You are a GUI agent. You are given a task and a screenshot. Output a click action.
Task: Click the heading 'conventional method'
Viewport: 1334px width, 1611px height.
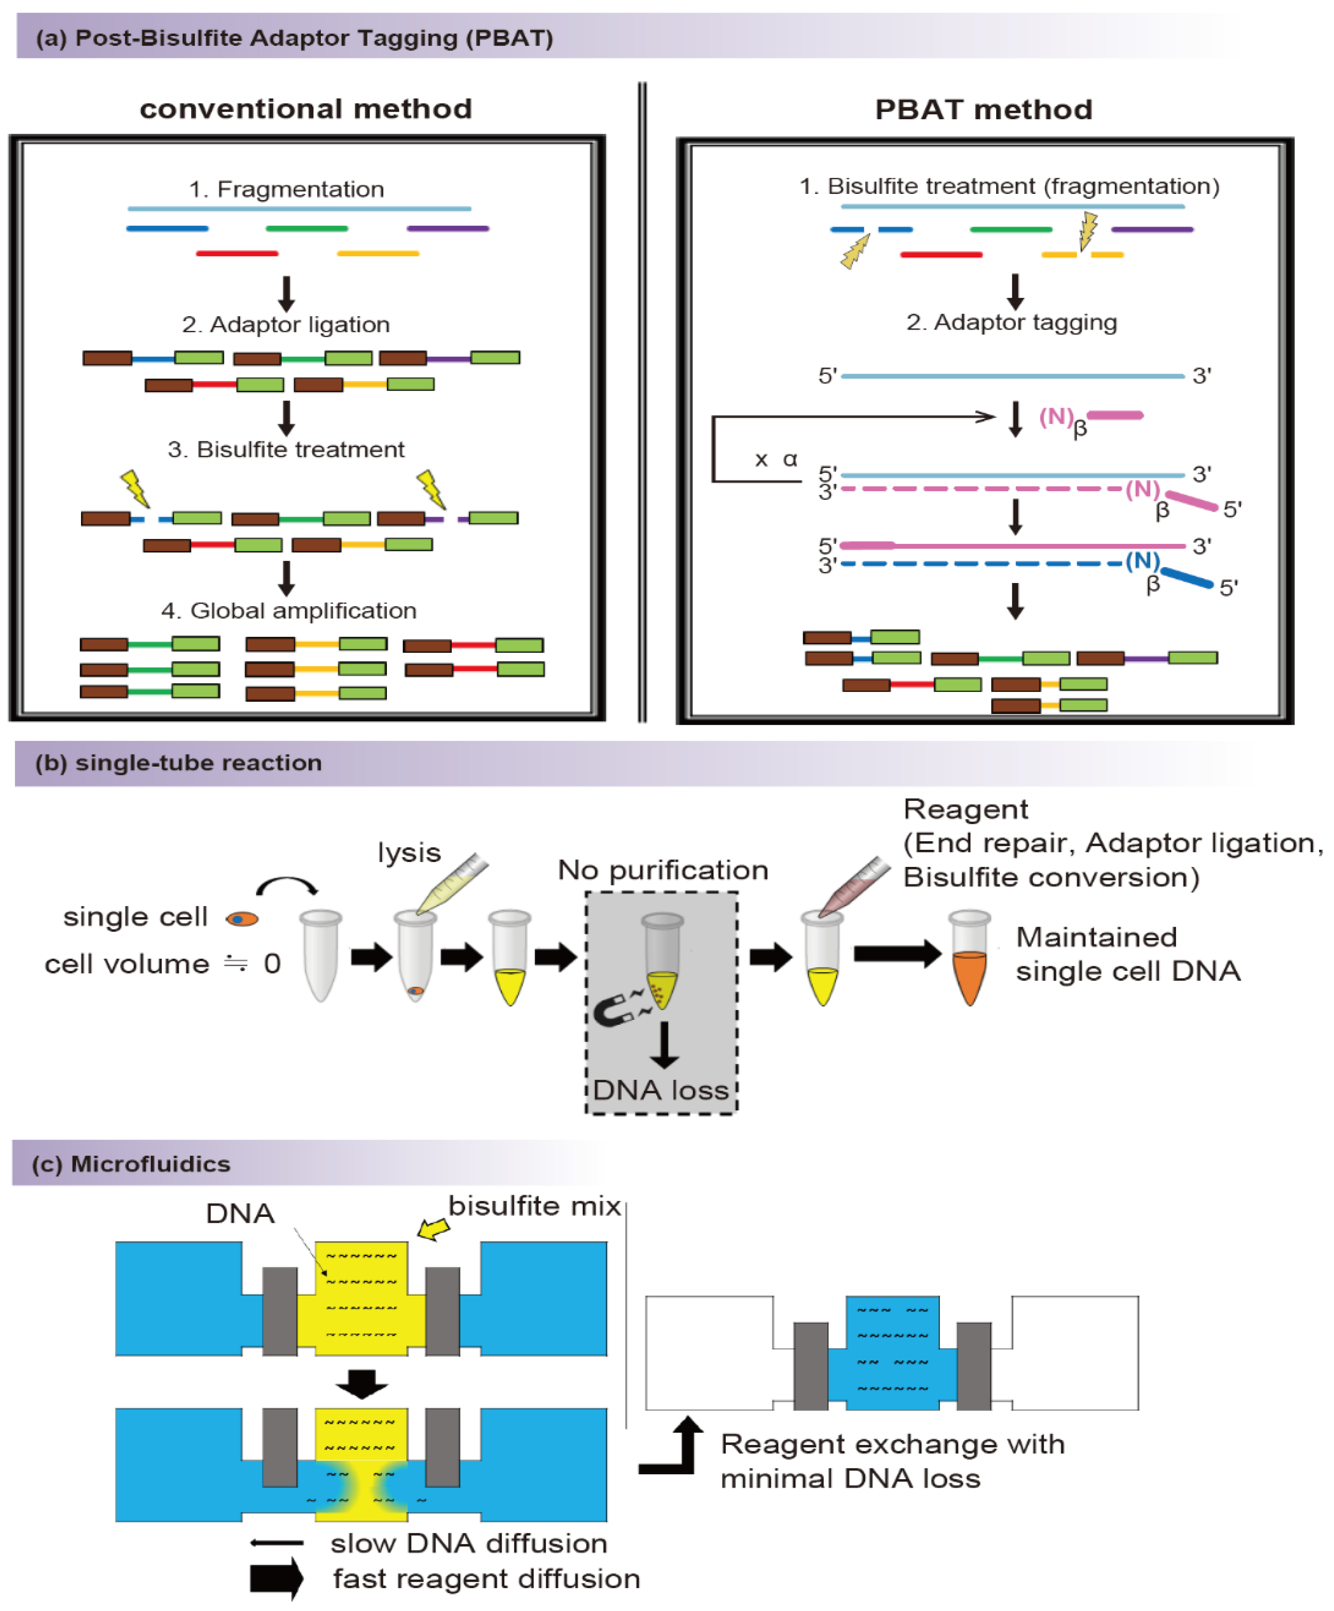coord(305,109)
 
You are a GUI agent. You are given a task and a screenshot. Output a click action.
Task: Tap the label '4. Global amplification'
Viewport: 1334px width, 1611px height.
coord(288,610)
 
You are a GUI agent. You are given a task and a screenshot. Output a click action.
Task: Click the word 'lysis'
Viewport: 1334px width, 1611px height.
coord(409,853)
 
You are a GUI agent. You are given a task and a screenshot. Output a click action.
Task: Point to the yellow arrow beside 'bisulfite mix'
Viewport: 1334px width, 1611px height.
coord(433,1229)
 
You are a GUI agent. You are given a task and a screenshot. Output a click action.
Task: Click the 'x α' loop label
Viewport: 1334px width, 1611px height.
coord(776,459)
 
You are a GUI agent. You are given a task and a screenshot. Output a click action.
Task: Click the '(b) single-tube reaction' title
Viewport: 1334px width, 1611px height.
coord(178,763)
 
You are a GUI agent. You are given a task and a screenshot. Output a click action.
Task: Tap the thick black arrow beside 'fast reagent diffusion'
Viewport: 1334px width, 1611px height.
coord(276,1578)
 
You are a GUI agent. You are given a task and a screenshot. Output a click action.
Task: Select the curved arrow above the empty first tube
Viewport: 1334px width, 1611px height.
coord(286,886)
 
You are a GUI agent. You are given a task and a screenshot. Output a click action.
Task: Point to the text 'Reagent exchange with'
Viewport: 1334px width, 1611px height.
coord(892,1445)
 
